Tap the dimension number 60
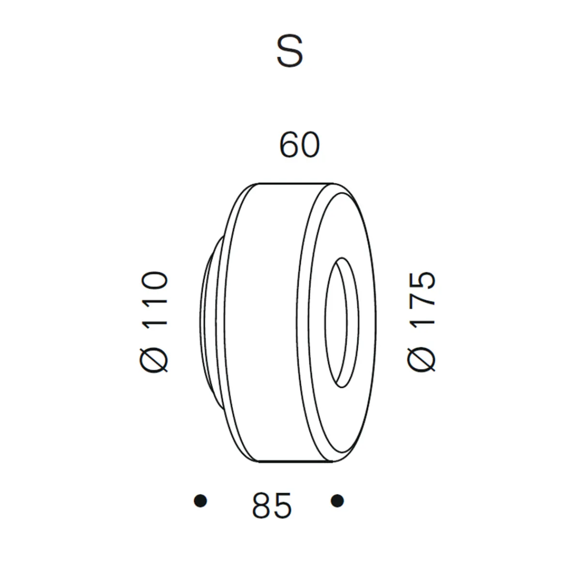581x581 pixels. click(300, 145)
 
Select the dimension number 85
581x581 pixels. click(272, 506)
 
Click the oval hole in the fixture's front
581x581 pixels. click(343, 322)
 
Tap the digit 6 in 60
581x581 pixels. click(289, 145)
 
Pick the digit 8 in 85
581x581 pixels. click(261, 506)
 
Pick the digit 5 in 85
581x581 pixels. click(282, 506)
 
